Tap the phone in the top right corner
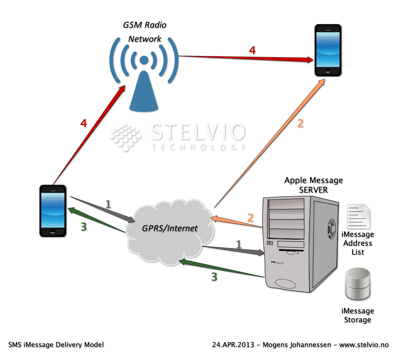[x=328, y=50]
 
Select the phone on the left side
[x=53, y=211]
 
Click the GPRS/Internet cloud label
[x=170, y=228]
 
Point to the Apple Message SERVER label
[x=313, y=185]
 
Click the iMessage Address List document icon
[x=358, y=216]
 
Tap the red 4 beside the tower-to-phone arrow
[x=252, y=51]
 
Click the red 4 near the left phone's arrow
[x=83, y=123]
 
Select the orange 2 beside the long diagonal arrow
[x=300, y=123]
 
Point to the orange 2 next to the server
[x=250, y=218]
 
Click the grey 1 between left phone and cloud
[x=108, y=204]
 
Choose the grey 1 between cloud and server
[x=239, y=244]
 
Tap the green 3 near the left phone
[x=84, y=227]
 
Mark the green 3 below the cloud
[x=214, y=277]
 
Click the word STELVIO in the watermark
[x=198, y=132]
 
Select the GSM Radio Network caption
[x=145, y=32]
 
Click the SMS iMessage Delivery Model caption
[x=56, y=345]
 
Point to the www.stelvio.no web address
[x=364, y=345]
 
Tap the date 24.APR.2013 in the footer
[x=233, y=345]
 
